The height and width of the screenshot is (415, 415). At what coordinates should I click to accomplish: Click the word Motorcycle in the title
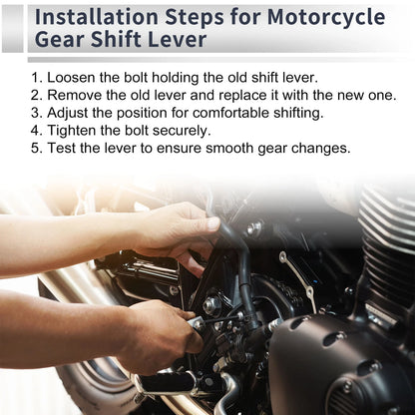coord(326,17)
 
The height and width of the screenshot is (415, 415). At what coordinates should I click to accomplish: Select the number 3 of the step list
coord(35,113)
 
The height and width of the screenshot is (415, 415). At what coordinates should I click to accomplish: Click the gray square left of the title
coord(13,29)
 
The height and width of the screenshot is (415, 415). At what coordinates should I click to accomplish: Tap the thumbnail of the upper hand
coord(212,223)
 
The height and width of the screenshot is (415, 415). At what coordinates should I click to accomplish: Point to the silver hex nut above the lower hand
coord(210,304)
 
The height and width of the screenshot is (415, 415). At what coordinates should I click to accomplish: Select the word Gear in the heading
coord(60,39)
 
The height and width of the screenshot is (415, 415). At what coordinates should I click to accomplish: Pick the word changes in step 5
coord(321,148)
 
